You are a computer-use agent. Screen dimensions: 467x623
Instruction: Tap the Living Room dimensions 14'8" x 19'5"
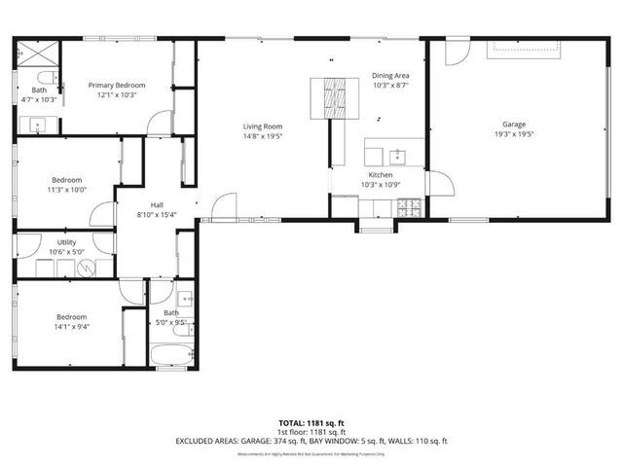click(x=263, y=136)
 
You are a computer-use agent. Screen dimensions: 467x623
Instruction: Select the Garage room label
click(x=514, y=125)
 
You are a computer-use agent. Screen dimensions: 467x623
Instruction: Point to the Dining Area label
click(x=390, y=76)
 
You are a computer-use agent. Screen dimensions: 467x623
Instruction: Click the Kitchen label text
click(x=380, y=175)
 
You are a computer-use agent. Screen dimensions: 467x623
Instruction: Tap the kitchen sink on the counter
click(x=396, y=155)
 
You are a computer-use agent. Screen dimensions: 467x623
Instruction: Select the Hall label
click(x=144, y=204)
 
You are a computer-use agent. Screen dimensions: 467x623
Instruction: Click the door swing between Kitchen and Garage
click(x=436, y=182)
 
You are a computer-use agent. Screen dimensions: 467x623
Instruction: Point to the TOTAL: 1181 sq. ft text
click(x=311, y=424)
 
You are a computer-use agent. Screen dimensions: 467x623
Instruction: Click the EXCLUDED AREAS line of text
click(x=311, y=441)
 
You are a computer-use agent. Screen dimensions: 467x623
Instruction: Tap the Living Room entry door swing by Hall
click(x=224, y=206)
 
